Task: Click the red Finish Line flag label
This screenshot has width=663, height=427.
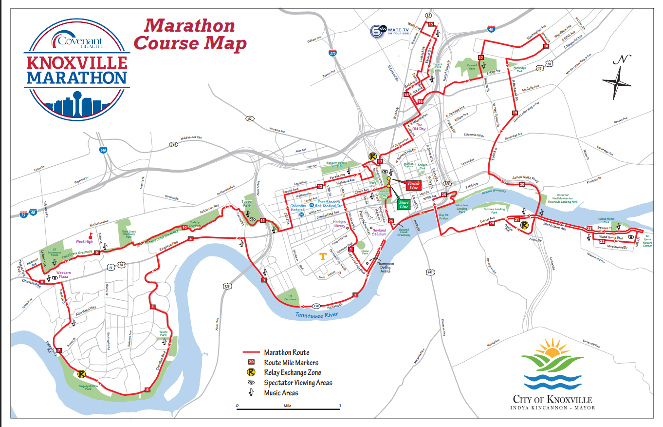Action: pyautogui.click(x=413, y=185)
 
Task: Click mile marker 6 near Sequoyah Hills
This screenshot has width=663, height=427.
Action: pyautogui.click(x=147, y=389)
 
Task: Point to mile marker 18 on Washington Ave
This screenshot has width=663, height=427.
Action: pyautogui.click(x=546, y=46)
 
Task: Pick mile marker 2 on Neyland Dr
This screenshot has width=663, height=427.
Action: pyautogui.click(x=355, y=295)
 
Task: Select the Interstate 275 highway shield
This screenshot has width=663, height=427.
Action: pyautogui.click(x=333, y=53)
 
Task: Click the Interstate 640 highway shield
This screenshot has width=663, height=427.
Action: pyautogui.click(x=103, y=150)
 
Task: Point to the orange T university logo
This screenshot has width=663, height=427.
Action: pyautogui.click(x=322, y=256)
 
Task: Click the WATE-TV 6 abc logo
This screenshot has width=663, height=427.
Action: pyautogui.click(x=390, y=31)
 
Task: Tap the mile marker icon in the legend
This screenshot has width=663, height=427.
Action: pyautogui.click(x=251, y=362)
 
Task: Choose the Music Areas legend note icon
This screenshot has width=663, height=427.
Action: pyautogui.click(x=251, y=392)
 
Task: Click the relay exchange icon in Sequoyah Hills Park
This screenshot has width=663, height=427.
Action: pyautogui.click(x=81, y=374)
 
